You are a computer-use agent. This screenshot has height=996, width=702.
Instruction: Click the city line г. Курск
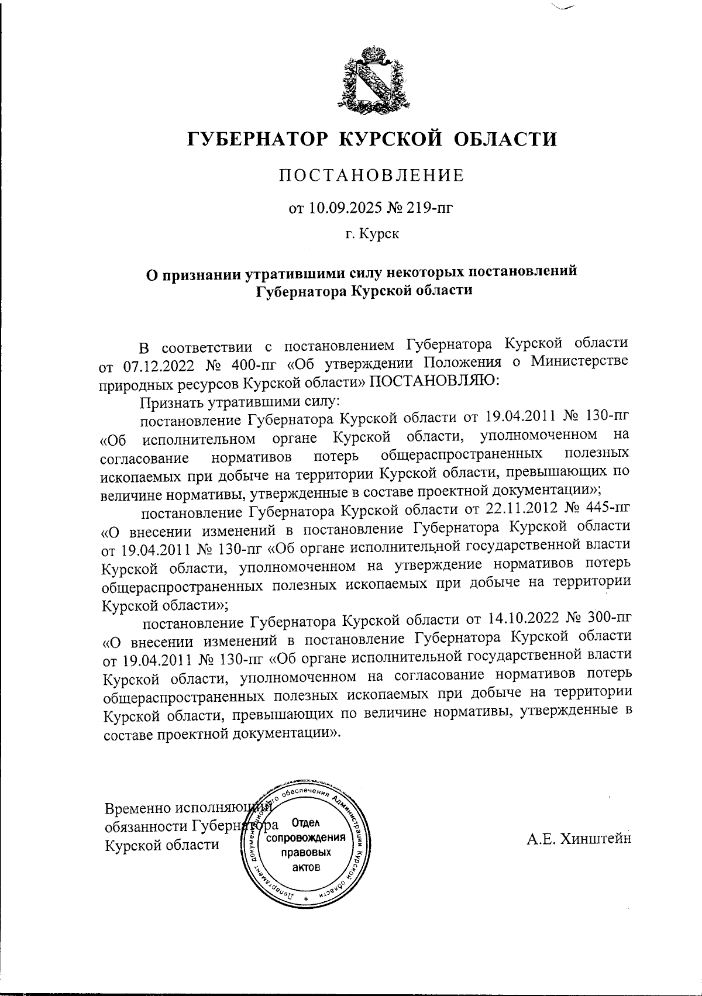[x=371, y=235]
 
